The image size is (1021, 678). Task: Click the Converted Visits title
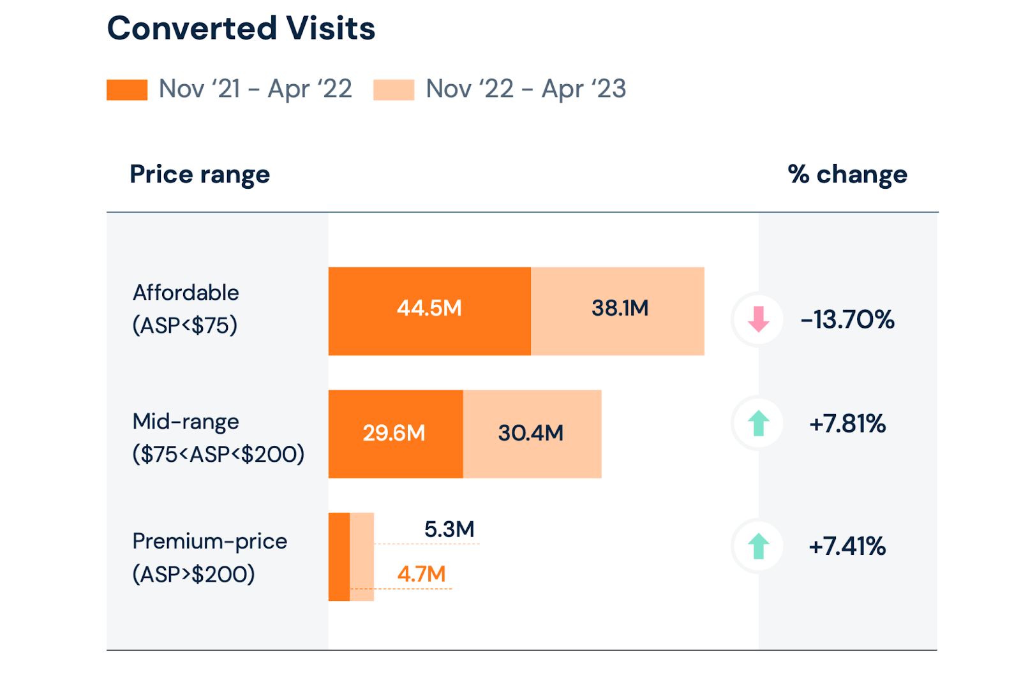(241, 29)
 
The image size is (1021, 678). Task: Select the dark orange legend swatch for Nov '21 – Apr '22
(127, 90)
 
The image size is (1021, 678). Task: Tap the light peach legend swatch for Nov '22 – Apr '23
(394, 90)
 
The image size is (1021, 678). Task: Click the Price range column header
(200, 174)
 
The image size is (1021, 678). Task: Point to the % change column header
(847, 174)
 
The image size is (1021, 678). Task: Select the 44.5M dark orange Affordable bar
(429, 311)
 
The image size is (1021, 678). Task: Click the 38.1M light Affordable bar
(618, 311)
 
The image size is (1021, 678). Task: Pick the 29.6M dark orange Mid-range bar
(395, 434)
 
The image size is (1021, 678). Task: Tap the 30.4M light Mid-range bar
(532, 434)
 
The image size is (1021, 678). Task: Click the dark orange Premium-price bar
(339, 557)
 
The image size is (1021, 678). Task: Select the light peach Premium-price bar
(362, 557)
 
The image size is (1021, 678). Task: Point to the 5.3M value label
(449, 529)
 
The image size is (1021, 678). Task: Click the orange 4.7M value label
(421, 574)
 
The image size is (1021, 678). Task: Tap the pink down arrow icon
(758, 319)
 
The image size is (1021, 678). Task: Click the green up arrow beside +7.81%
(758, 424)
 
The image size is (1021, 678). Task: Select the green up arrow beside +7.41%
(758, 547)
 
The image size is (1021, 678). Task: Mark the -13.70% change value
(847, 320)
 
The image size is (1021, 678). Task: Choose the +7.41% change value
(847, 547)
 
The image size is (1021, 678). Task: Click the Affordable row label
(186, 293)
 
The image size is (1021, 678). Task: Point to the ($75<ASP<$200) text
(218, 455)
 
